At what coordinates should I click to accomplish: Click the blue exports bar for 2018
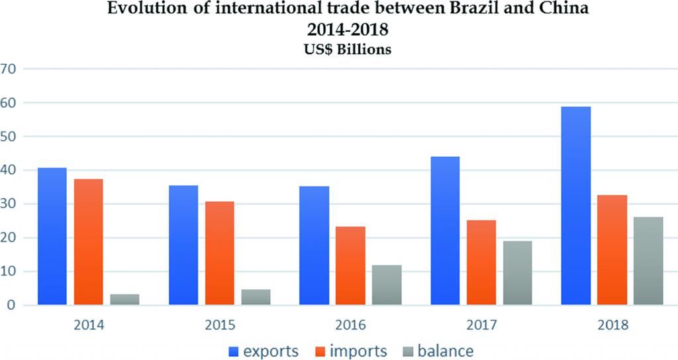click(575, 206)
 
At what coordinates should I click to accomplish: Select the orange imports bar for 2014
click(88, 242)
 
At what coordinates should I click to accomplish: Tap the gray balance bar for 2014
click(124, 299)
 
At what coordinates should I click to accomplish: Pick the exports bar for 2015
click(183, 246)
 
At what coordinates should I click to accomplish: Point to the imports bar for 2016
click(351, 266)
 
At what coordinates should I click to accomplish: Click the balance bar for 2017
click(518, 273)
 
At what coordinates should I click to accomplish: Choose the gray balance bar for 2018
click(648, 261)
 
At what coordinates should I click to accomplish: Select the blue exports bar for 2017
click(445, 231)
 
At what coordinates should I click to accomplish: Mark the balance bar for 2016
click(387, 285)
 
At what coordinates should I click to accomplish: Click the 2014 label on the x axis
click(88, 326)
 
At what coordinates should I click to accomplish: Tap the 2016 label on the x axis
click(351, 326)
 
